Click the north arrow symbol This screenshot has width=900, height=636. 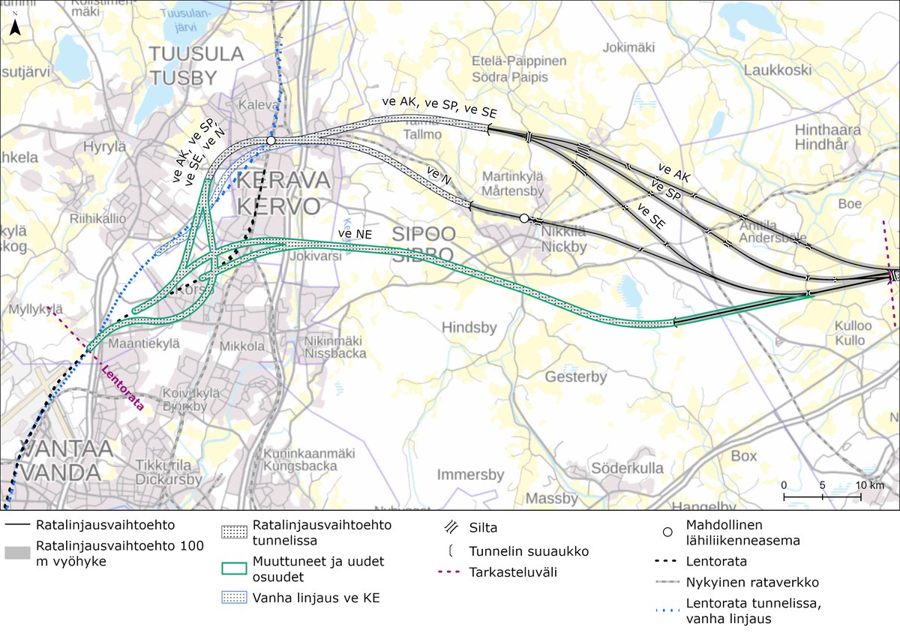[x=14, y=28]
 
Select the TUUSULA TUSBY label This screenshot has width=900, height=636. [x=196, y=65]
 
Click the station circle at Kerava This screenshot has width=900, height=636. [x=271, y=140]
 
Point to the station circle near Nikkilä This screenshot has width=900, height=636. [x=523, y=217]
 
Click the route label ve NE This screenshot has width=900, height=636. [x=354, y=235]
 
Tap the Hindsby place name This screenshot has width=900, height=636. [x=469, y=327]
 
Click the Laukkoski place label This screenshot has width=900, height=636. [x=778, y=70]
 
